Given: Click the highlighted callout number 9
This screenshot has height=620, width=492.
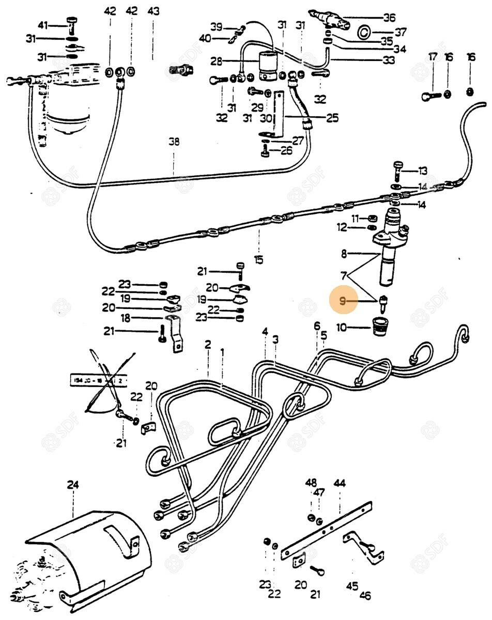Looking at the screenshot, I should (342, 300).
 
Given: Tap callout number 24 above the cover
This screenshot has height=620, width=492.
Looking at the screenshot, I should (73, 485).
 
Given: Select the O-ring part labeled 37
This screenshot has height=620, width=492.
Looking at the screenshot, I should (364, 33).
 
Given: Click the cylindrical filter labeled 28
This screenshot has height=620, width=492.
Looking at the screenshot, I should (270, 66).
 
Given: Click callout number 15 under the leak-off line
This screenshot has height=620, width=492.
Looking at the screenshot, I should (258, 258).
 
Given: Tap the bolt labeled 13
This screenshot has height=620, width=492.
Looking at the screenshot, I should (398, 169).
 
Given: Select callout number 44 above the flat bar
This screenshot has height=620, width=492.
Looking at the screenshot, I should (339, 483).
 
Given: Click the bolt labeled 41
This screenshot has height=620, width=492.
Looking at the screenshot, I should (72, 23).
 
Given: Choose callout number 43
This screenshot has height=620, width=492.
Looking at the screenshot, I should (153, 11).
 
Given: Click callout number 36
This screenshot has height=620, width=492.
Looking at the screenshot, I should (389, 17).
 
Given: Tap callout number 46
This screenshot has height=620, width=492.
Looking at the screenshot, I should (365, 595).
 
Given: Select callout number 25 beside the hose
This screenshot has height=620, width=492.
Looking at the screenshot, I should (332, 118).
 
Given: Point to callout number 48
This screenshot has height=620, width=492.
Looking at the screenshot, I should (311, 483).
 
